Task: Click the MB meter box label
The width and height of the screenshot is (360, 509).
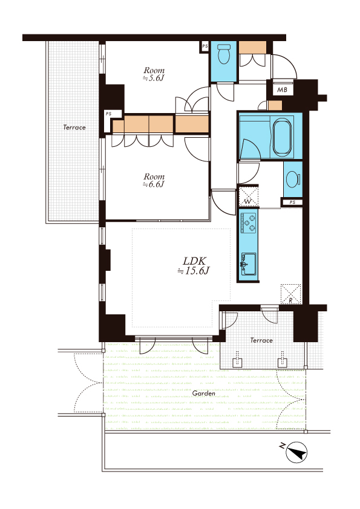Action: [282, 89]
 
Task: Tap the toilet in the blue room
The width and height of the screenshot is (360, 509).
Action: [223, 54]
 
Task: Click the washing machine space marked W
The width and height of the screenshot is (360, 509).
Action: [248, 196]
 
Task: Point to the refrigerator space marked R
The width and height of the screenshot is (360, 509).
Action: [290, 294]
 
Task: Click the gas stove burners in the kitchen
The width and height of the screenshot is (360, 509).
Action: [249, 222]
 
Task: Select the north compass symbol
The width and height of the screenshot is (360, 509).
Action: [296, 452]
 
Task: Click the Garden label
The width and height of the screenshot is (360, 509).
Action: [204, 394]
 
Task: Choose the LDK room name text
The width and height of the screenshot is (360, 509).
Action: [194, 261]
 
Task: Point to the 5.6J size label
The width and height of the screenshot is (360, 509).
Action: [153, 78]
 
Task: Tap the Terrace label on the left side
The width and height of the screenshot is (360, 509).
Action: [74, 127]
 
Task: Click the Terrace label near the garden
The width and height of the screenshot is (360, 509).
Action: [261, 340]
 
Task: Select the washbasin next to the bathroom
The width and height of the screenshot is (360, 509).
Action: [293, 179]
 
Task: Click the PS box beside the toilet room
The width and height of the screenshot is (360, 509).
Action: [205, 47]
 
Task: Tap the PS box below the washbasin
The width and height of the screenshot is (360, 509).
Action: [292, 203]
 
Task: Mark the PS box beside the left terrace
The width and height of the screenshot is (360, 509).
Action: [108, 114]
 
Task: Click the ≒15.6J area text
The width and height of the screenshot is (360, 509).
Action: [194, 271]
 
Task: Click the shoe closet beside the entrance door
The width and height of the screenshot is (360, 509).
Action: [253, 47]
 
